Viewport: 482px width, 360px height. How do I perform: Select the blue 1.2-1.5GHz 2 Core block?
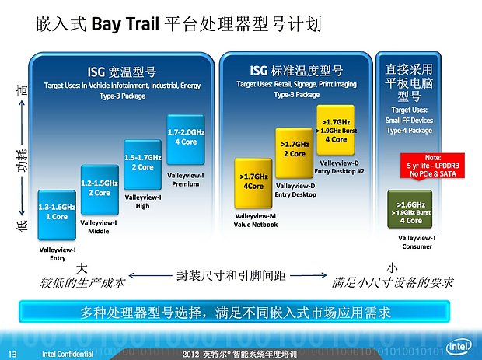click(99, 187)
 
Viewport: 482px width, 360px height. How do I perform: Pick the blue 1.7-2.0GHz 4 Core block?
click(186, 137)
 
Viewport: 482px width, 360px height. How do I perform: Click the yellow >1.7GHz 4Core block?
click(253, 181)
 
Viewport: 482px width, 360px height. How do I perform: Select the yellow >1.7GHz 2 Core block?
click(294, 149)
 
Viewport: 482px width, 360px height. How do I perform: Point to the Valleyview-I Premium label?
click(187, 180)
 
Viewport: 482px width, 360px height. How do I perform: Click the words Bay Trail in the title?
click(125, 23)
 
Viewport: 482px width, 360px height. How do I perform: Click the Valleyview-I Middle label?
click(100, 226)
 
